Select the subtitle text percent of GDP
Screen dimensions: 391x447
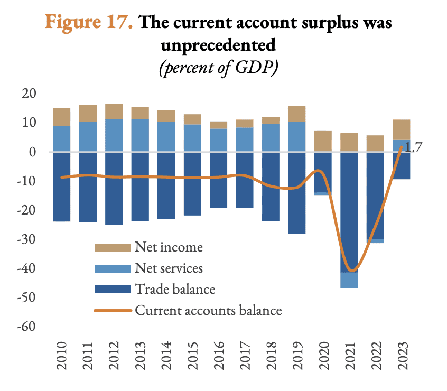[219, 69]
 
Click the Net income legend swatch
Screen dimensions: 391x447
[112, 247]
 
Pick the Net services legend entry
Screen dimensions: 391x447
[169, 268]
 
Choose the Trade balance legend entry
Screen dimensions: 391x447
[175, 289]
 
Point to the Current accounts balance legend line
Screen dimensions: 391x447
[113, 310]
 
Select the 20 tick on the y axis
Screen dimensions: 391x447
[28, 94]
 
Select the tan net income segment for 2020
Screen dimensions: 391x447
[322, 141]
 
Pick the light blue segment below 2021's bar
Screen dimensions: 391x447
[349, 280]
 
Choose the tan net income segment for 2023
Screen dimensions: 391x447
[401, 129]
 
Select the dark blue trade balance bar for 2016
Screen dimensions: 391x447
[218, 180]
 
